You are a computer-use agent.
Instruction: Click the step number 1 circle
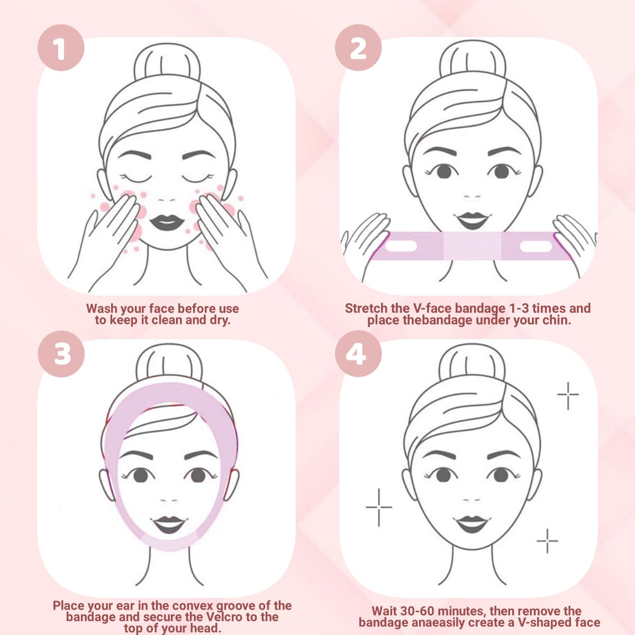(61, 48)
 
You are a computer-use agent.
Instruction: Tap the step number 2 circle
(358, 48)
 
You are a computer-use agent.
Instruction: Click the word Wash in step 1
(102, 309)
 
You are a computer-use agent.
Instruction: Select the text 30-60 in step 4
(421, 612)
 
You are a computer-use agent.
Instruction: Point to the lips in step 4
(471, 524)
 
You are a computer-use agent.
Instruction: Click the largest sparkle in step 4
(379, 507)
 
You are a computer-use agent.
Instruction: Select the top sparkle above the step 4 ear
(568, 394)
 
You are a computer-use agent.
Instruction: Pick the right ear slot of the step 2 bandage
(536, 247)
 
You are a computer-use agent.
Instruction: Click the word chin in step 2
(556, 320)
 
